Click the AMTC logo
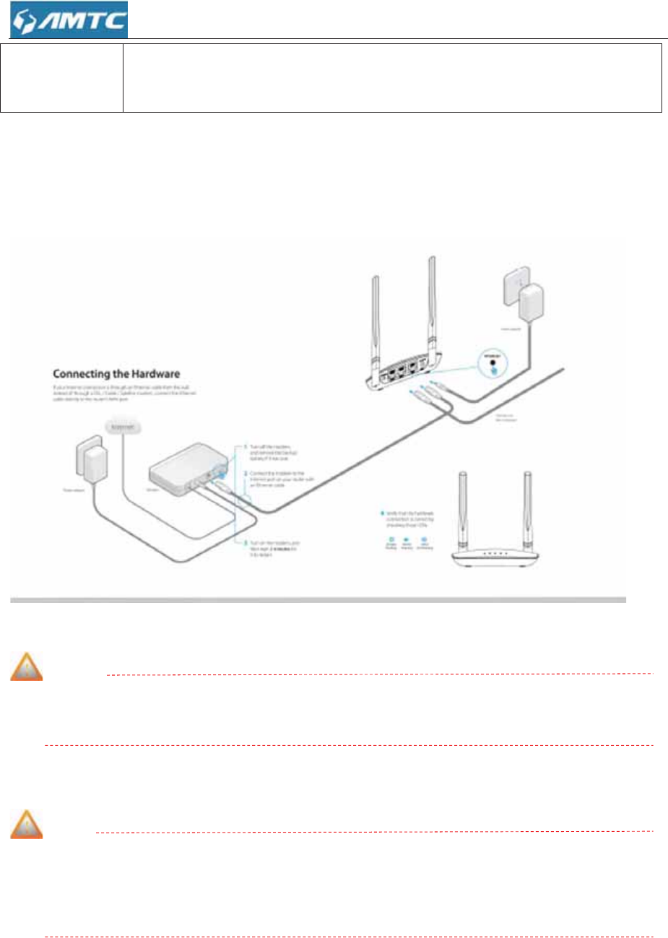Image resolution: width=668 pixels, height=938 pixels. pos(69,19)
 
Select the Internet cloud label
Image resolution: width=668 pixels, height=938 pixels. pos(124,427)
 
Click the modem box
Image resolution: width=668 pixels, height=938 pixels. pos(184,474)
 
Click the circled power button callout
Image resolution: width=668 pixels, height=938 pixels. pos(493,363)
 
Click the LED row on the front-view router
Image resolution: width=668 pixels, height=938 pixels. pos(495,555)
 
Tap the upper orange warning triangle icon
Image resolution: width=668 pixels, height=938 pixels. pos(26,667)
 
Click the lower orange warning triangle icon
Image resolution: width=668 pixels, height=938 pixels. pos(26,825)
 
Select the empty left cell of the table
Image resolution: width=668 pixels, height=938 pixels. pos(61,78)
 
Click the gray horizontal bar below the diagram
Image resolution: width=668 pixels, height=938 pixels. pos(318,600)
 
